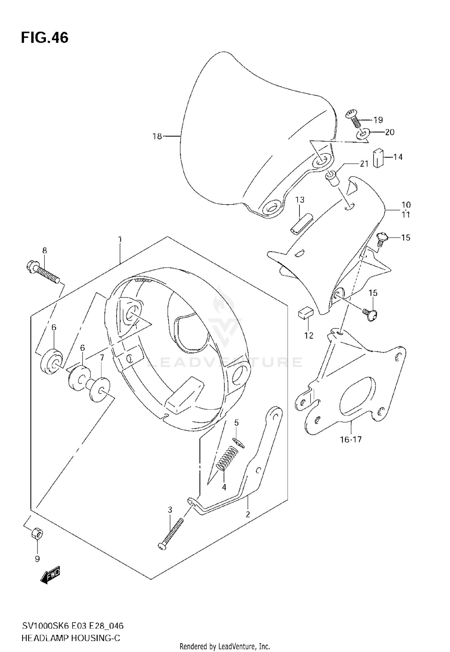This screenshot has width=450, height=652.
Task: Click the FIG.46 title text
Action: (44, 38)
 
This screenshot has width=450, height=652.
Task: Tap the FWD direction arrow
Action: (50, 575)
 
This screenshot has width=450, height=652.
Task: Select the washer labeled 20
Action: (363, 134)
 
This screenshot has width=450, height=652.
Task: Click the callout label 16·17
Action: (351, 439)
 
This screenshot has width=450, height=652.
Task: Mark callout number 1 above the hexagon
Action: (120, 239)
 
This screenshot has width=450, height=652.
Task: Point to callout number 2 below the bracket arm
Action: (248, 515)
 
